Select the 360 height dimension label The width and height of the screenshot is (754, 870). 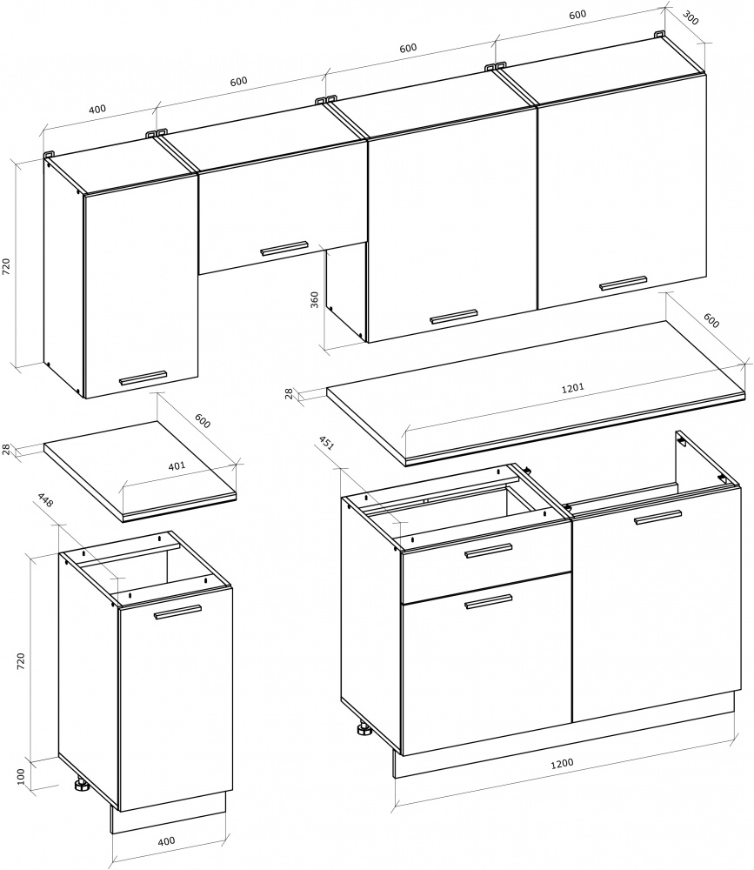tap(315, 299)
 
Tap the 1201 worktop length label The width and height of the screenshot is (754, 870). tap(572, 388)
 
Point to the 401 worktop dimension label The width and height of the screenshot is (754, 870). tap(177, 466)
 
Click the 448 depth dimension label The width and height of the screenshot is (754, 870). tap(45, 499)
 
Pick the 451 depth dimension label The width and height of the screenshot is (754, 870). tap(325, 443)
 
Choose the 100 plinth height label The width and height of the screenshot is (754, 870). tap(21, 776)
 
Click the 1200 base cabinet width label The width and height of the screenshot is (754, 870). tap(562, 764)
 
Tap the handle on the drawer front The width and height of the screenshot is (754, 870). tap(488, 551)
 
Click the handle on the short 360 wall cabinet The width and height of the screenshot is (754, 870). tap(284, 248)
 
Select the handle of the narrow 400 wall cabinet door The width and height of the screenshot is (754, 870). tap(143, 378)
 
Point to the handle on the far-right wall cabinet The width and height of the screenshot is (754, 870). tap(623, 283)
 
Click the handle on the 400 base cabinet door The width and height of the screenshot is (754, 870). tap(177, 612)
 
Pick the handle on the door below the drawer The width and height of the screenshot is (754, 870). tap(488, 602)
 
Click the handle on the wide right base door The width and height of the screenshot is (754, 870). tap(658, 517)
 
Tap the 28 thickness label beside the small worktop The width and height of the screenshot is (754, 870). tap(7, 449)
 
